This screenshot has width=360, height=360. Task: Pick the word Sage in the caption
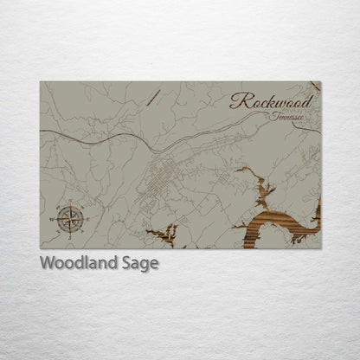click(140, 264)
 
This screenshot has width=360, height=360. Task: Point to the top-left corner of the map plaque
click(41, 82)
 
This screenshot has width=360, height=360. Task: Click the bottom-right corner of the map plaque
click(320, 248)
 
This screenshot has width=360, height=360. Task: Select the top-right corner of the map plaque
click(320, 82)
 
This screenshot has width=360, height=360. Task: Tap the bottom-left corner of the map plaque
click(41, 248)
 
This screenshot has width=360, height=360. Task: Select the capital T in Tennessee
click(272, 115)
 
